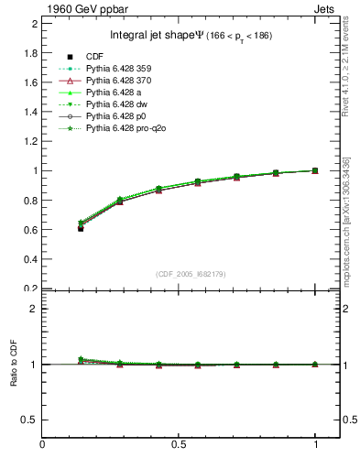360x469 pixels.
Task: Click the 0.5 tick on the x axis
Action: (x=179, y=446)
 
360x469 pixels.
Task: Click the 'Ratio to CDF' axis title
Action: (x=14, y=365)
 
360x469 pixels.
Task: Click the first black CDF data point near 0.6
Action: (x=81, y=228)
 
